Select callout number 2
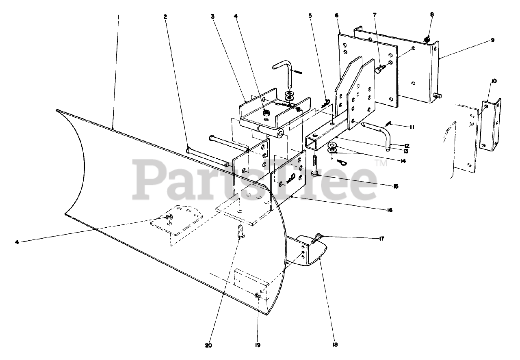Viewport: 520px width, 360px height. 165,17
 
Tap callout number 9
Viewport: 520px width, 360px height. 492,40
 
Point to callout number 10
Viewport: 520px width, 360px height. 494,81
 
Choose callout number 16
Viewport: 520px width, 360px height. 390,210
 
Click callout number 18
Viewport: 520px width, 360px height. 335,345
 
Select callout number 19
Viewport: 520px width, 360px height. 258,345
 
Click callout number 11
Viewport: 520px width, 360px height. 412,127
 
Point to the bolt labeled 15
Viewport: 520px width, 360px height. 315,166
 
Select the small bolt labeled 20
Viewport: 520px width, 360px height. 240,231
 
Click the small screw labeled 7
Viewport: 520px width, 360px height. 379,70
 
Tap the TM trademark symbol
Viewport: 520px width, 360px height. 381,164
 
